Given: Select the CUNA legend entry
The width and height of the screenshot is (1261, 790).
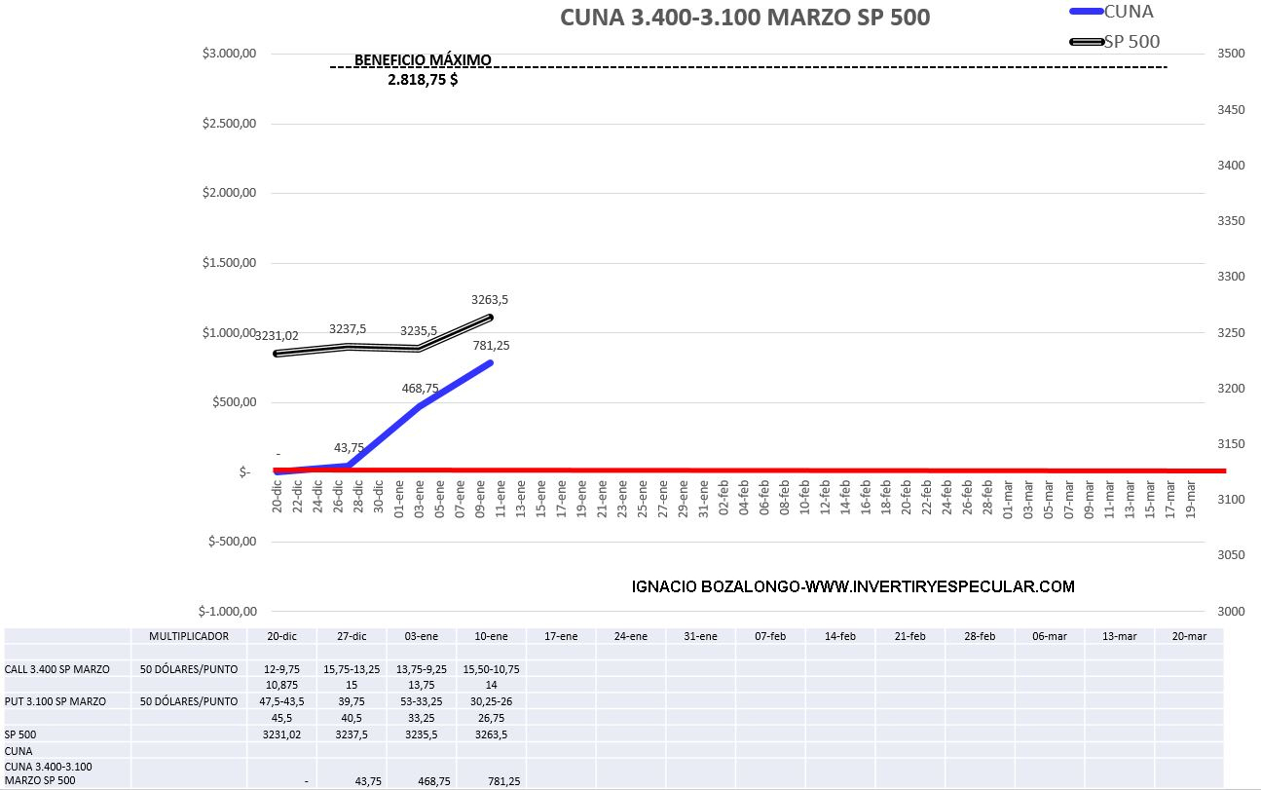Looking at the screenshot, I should [1128, 11].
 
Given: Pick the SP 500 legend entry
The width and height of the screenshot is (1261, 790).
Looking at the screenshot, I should [1131, 41].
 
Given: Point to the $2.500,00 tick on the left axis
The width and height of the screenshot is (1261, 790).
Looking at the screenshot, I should [230, 124].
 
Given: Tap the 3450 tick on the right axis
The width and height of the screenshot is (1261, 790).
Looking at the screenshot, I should [1231, 109].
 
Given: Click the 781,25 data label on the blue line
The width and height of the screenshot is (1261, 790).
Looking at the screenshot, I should [491, 345].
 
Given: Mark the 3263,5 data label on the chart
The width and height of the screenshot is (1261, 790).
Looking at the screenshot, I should [489, 300].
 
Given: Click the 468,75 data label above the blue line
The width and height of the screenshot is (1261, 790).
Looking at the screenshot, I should [420, 389].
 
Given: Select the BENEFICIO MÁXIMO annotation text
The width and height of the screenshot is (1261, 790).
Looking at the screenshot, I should [423, 59].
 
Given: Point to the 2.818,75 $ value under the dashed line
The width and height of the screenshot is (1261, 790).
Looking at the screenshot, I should [423, 81].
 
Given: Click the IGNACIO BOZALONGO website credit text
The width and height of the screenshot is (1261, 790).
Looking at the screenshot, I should [853, 586].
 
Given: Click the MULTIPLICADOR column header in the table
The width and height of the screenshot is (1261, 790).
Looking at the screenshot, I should [189, 636].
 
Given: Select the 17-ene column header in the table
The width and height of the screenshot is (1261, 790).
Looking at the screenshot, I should [561, 636].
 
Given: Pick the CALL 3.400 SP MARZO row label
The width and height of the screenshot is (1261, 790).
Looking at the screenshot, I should [56, 669].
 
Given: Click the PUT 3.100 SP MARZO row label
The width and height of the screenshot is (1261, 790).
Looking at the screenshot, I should [55, 701].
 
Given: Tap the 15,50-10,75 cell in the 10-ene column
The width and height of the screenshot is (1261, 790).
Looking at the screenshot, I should [491, 669].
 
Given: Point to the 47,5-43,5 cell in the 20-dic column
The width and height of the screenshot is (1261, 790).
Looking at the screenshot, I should [281, 701].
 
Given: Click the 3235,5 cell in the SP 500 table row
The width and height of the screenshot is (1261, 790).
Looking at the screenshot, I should [421, 734].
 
